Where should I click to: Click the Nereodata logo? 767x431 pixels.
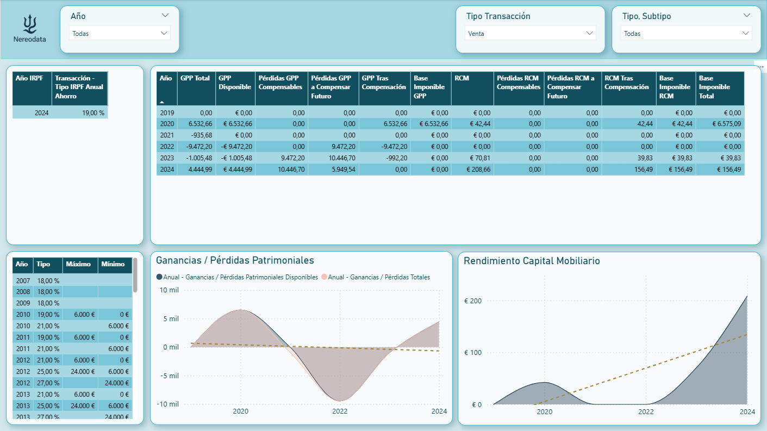(x=30, y=29)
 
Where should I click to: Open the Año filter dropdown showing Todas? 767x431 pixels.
(x=120, y=33)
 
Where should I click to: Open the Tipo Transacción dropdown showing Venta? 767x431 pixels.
(x=530, y=33)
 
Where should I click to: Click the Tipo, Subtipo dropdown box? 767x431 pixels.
(x=686, y=33)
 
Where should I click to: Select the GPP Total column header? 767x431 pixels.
(x=195, y=78)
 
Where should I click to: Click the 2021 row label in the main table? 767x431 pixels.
(x=166, y=135)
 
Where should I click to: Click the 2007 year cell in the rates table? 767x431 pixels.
(x=23, y=280)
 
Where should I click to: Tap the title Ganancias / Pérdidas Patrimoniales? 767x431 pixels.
(x=235, y=260)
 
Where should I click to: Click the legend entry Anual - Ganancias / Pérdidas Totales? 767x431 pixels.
(x=378, y=277)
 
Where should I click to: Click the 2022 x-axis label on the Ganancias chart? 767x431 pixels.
(x=340, y=411)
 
